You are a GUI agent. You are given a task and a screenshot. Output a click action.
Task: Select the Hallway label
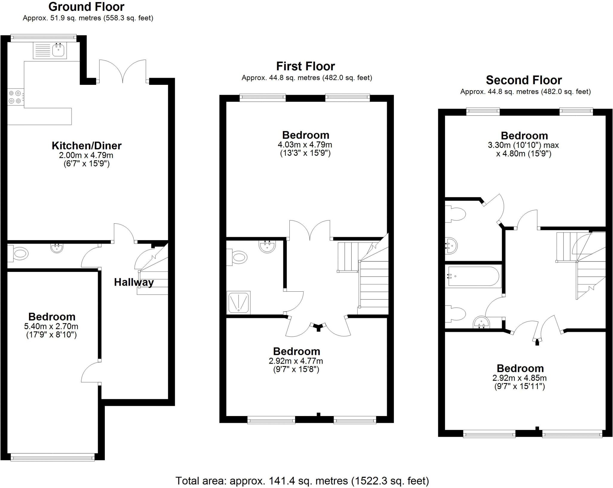(134, 282)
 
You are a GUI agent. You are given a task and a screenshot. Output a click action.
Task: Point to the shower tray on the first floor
(239, 303)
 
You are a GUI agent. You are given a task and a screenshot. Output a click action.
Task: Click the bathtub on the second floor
(472, 276)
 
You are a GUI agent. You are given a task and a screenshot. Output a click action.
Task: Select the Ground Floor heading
(86, 7)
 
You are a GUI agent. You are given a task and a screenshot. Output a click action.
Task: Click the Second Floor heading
(524, 80)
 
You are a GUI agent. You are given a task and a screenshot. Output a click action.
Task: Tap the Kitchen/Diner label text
(87, 146)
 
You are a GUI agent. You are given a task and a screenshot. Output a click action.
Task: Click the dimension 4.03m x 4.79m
(305, 144)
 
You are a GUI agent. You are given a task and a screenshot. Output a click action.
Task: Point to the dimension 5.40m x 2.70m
(51, 326)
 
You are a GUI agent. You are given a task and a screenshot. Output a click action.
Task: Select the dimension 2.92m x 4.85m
(520, 378)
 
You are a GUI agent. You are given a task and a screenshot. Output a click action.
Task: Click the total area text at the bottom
(302, 481)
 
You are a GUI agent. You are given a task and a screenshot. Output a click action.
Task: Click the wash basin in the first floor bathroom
(267, 246)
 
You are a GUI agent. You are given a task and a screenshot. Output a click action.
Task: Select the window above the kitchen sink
(43, 37)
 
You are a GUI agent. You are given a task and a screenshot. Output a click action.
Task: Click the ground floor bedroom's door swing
(90, 372)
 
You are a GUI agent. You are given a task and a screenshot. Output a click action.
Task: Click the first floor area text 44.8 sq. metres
(307, 78)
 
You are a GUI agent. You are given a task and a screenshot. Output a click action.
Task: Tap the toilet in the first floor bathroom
(238, 257)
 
